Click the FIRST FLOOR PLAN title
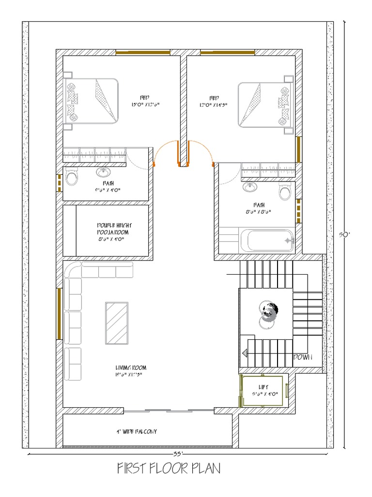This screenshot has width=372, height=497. (169, 469)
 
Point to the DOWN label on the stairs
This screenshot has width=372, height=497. (303, 357)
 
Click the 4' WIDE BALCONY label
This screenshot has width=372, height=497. (136, 431)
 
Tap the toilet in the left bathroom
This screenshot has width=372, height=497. (72, 177)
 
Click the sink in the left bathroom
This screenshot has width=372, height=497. (103, 172)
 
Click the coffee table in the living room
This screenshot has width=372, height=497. (117, 322)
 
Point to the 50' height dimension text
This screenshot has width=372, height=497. (344, 234)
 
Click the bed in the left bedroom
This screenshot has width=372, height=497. (92, 101)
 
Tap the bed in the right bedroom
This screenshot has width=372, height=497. (265, 105)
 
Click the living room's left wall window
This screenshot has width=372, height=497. (59, 314)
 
